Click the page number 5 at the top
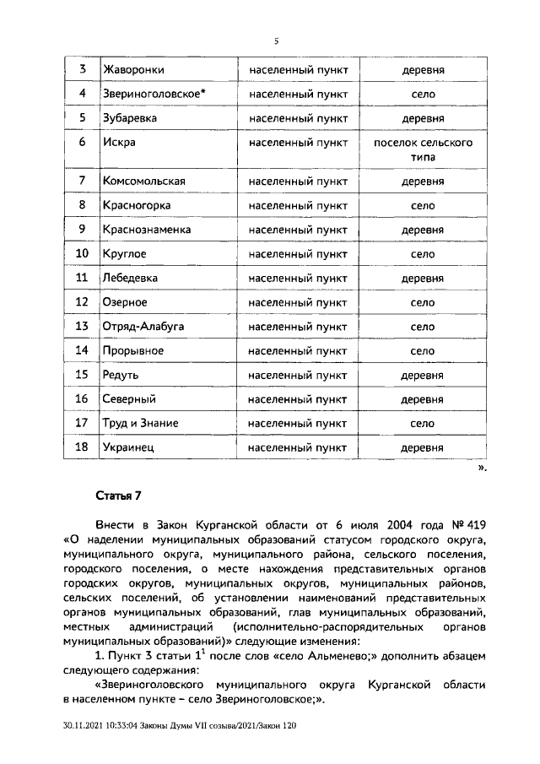point(275,40)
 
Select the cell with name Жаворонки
point(132,69)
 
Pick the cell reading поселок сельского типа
point(423,149)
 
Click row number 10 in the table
point(83,253)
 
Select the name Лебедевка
point(131,278)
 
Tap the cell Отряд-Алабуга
point(143,326)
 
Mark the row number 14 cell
point(83,350)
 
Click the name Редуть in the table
point(120,374)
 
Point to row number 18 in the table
point(83,447)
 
